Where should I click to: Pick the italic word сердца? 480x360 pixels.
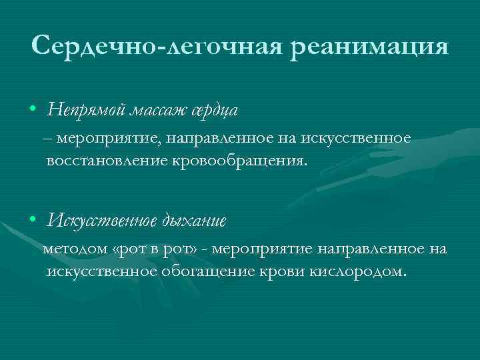point(213,109)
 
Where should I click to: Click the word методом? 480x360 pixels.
point(75,249)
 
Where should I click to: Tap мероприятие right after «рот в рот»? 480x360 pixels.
point(263,249)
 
